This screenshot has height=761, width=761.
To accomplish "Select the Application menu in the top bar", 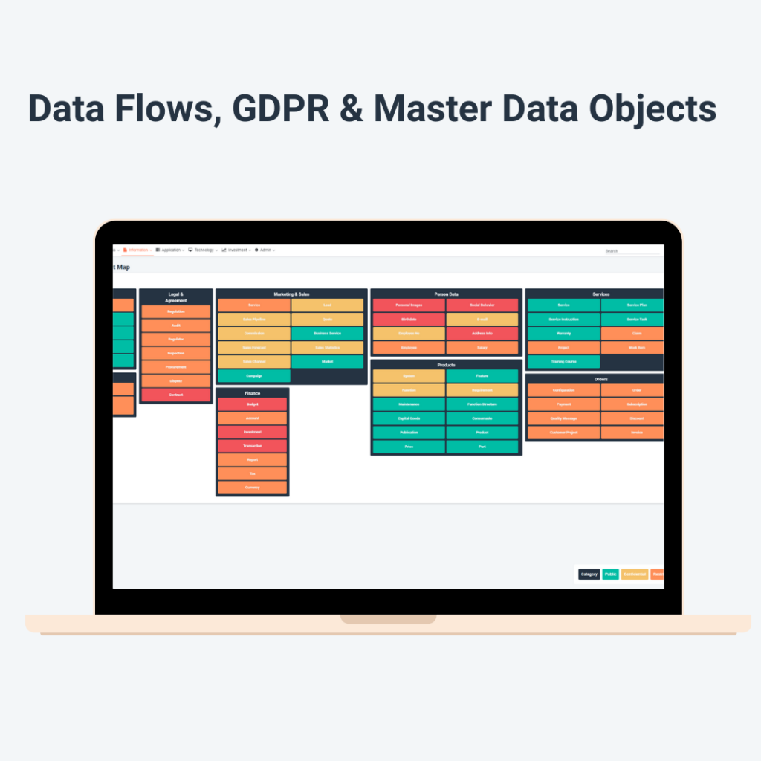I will (x=170, y=250).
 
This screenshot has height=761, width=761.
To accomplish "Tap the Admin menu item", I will (x=265, y=250).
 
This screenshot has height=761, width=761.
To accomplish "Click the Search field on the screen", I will (x=632, y=251).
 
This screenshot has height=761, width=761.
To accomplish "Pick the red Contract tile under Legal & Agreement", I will (x=176, y=395).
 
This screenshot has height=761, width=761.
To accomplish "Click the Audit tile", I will (x=176, y=326).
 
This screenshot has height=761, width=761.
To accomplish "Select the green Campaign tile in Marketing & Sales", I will (x=254, y=376).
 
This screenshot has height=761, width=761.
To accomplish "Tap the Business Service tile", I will (x=327, y=334).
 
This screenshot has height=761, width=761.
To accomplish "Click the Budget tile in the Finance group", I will (x=252, y=404).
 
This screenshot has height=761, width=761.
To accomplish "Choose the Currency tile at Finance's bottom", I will (x=252, y=488).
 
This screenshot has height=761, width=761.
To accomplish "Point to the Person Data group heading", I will (x=446, y=294).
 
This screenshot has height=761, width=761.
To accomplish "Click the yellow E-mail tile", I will (x=482, y=320).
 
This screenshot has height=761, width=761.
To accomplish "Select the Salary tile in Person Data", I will (x=482, y=348).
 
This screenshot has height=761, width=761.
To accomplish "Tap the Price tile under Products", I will (x=409, y=447).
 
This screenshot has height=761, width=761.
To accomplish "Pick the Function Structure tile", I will (x=482, y=404).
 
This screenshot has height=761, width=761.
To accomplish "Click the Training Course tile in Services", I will (x=563, y=362).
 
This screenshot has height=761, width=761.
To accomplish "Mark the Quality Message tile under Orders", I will (x=563, y=418).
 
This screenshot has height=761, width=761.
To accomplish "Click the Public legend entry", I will (x=610, y=574).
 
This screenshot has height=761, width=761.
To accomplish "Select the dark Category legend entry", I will (x=589, y=574).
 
